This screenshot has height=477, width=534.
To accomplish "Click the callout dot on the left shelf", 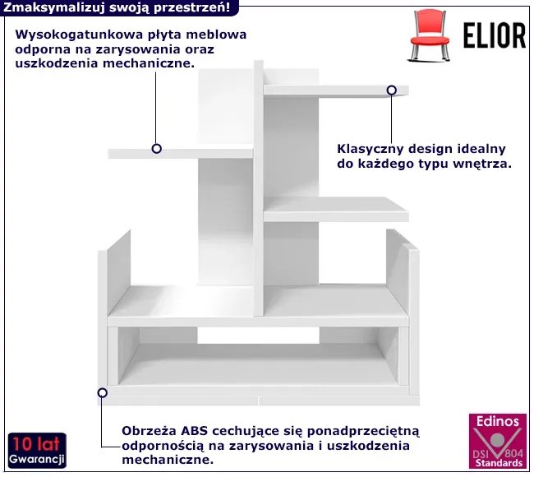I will [x=156, y=149].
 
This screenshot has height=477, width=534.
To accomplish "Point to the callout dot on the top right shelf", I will [x=391, y=90].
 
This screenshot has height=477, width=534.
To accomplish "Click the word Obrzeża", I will [x=148, y=430].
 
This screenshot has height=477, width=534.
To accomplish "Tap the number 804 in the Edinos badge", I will [x=513, y=454].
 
